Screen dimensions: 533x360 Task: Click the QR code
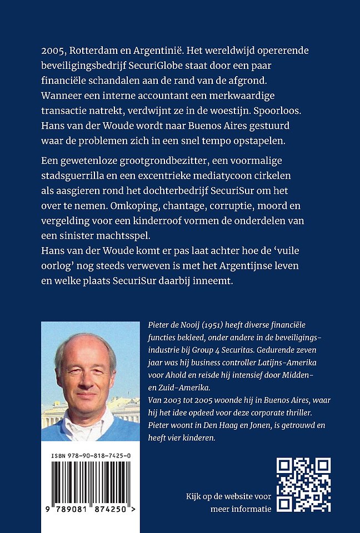click(x=303, y=485)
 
